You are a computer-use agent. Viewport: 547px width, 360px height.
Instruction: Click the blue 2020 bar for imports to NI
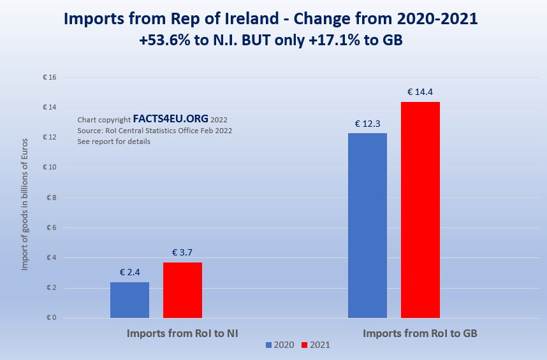[129, 300]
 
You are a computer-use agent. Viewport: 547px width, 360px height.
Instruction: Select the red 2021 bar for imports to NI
[182, 291]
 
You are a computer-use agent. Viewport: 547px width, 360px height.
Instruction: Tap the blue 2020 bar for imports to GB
[367, 226]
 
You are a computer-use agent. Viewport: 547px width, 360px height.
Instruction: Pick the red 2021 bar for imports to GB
[420, 210]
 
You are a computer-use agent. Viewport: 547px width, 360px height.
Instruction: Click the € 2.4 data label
[129, 273]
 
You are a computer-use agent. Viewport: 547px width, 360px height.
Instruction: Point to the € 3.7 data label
[182, 252]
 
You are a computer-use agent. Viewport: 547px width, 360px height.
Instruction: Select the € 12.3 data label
[367, 123]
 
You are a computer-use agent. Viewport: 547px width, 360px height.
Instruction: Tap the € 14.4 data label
[420, 92]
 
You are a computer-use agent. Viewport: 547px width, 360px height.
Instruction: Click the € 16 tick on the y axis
[50, 78]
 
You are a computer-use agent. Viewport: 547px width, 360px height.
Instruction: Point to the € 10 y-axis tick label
[50, 168]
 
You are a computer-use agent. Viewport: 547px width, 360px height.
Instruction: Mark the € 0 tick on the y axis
[52, 318]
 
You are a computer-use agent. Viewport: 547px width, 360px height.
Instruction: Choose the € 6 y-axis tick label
[52, 227]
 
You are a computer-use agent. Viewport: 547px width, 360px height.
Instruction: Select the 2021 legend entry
[316, 345]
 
